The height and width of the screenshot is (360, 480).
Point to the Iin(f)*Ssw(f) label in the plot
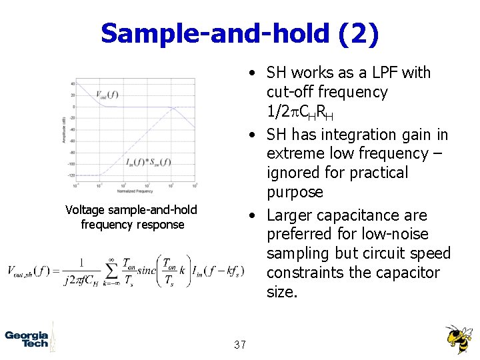click(148, 161)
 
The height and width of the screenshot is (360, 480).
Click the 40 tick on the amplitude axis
click(73, 83)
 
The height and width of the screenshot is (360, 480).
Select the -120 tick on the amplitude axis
click(71, 175)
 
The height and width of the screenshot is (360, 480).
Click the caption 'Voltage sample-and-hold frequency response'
click(131, 217)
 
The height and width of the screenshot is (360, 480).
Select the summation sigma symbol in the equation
click(113, 270)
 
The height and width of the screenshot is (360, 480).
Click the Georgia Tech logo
click(27, 339)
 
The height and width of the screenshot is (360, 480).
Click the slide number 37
click(240, 345)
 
